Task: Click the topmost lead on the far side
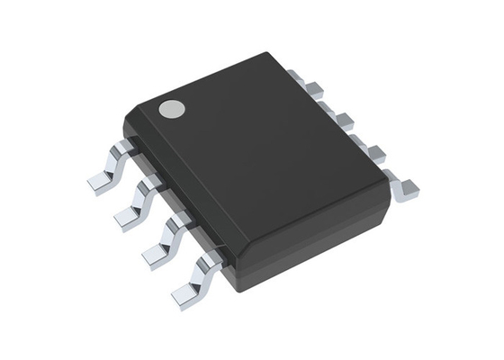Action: (x=313, y=87)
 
